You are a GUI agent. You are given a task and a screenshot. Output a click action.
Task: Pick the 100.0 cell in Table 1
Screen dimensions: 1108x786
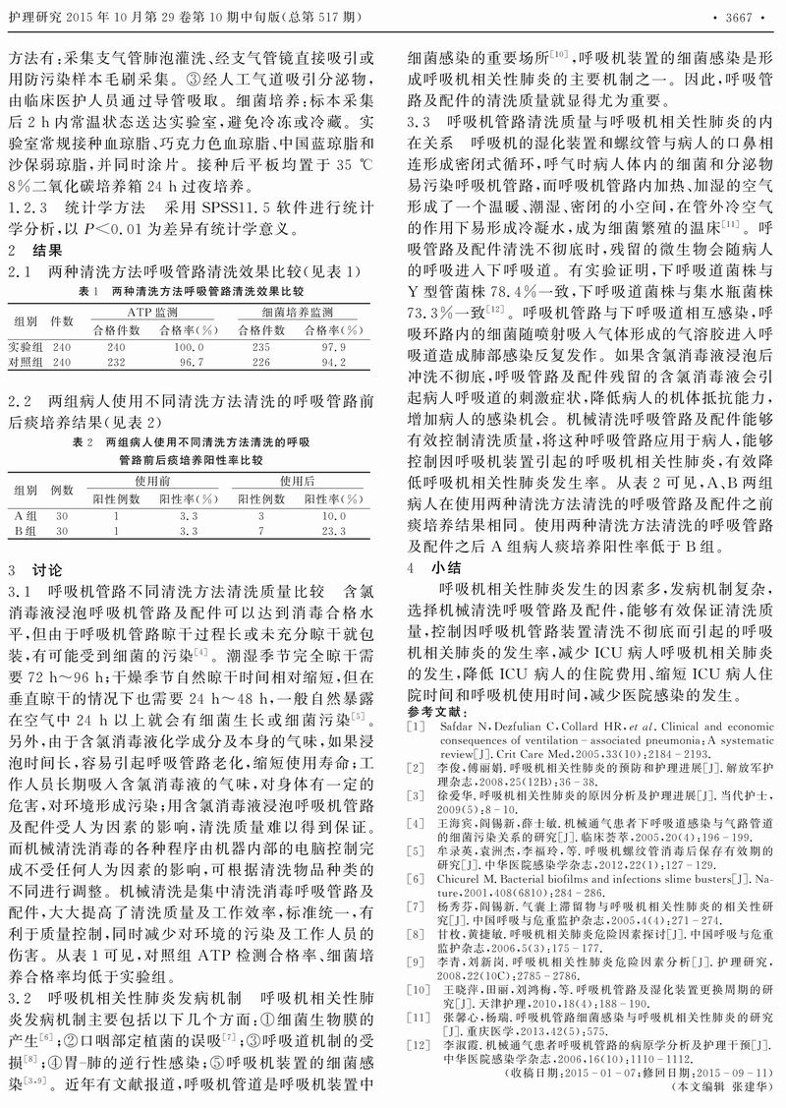[x=188, y=347]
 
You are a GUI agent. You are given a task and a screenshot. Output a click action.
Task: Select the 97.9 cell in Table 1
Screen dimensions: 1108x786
[x=333, y=347]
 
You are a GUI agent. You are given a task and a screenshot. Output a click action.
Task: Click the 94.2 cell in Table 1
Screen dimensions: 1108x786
[x=333, y=362]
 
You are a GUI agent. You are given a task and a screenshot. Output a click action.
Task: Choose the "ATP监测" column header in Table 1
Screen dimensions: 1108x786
[x=152, y=311]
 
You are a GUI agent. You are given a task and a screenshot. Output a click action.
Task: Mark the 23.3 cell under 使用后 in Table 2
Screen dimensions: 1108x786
[x=334, y=531]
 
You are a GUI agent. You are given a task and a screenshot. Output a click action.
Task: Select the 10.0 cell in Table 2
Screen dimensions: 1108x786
[x=334, y=515]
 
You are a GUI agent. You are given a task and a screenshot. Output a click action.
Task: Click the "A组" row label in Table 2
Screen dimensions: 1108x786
[x=25, y=515]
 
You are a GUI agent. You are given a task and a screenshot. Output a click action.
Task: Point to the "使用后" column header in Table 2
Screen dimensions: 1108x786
[x=297, y=480]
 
